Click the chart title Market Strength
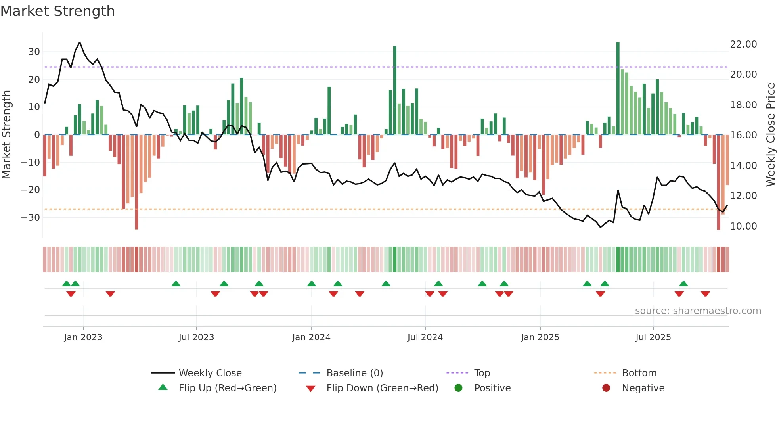(x=57, y=11)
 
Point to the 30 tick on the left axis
(x=34, y=52)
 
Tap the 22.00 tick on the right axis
(x=743, y=44)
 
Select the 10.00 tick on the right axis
(x=743, y=226)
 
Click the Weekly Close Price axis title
(x=770, y=135)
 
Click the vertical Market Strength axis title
(x=6, y=135)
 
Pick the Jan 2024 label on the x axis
(x=311, y=337)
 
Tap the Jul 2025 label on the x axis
(x=653, y=337)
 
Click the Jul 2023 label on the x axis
(x=196, y=337)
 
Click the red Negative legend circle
(x=606, y=388)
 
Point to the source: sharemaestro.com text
(x=698, y=311)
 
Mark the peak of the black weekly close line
(x=80, y=42)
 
